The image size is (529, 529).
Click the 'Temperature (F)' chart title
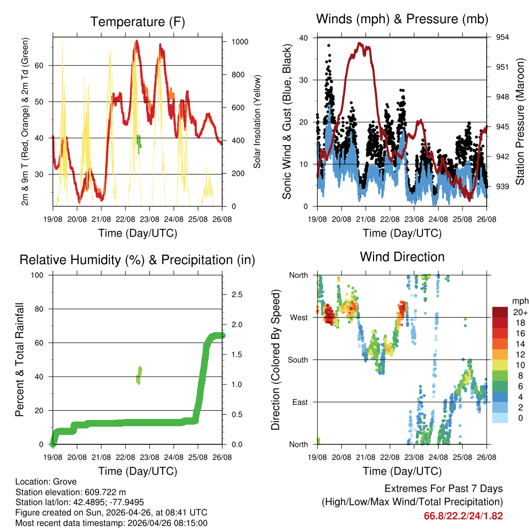[x=137, y=22]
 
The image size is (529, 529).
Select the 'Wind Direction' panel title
[x=402, y=256]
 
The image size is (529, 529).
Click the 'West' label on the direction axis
[x=299, y=317]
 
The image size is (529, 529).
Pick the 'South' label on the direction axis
[x=298, y=360]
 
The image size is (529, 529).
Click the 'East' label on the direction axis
[x=300, y=402]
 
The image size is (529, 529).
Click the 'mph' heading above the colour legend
[x=519, y=301]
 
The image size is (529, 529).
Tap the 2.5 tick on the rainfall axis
[x=237, y=294]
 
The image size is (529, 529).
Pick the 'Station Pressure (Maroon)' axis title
[x=520, y=122]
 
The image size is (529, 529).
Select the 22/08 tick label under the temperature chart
[x=125, y=219]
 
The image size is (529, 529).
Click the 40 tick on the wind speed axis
[x=304, y=38]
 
